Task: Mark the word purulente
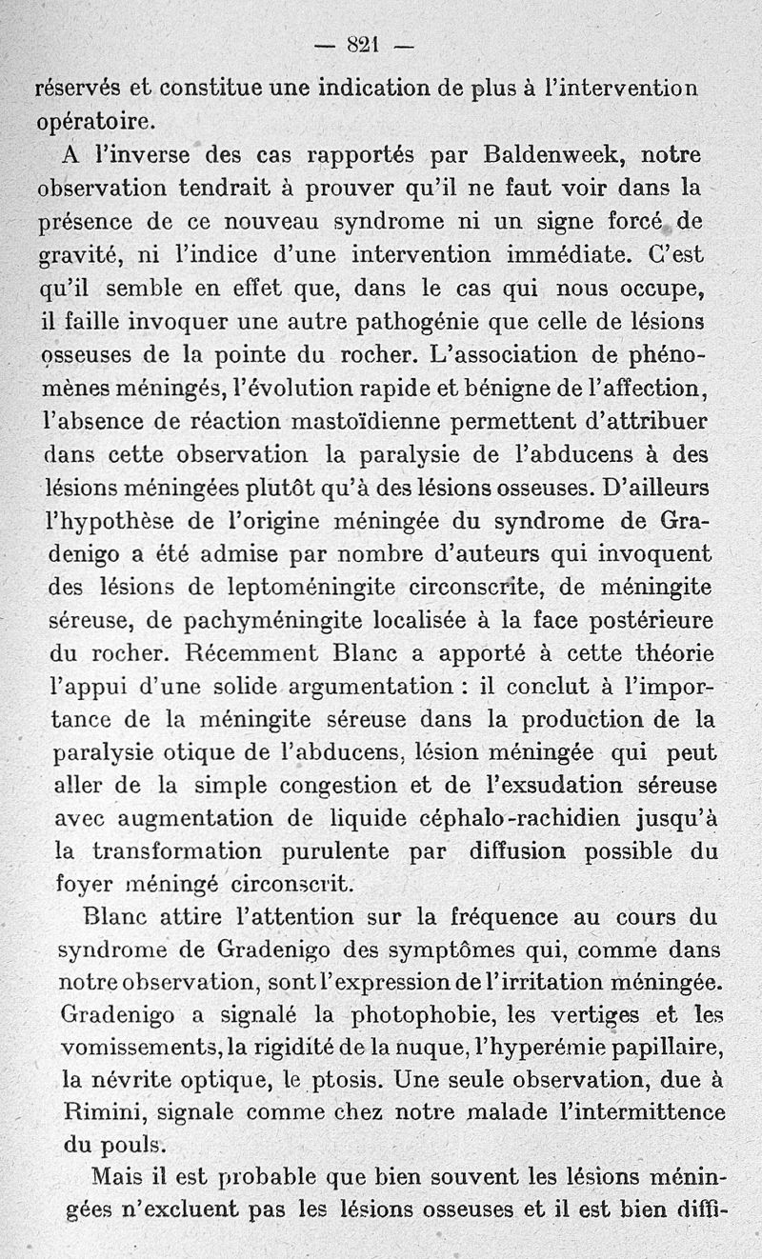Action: coord(339,851)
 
